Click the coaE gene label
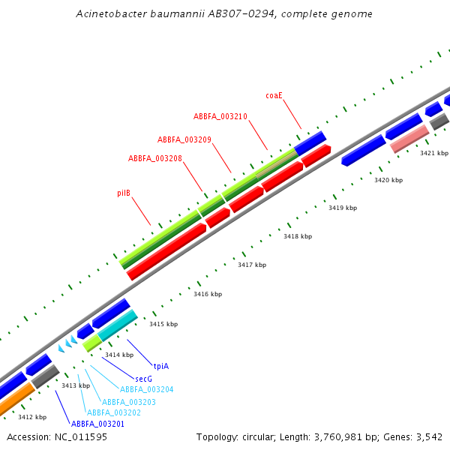pos(274,96)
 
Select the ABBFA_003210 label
pos(220,117)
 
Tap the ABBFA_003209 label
pos(184,140)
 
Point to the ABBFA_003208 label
pos(155,159)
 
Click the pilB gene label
pos(124,193)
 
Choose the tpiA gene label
pos(161,366)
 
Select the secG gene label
pos(144,379)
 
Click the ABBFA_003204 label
pos(147,389)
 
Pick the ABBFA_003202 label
pos(114,412)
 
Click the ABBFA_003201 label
pos(97,424)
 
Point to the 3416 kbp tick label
pos(208,295)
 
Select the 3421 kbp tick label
pos(433,153)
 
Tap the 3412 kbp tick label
pos(32,417)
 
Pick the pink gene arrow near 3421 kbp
pos(409,138)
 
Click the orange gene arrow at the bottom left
pos(15,400)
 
